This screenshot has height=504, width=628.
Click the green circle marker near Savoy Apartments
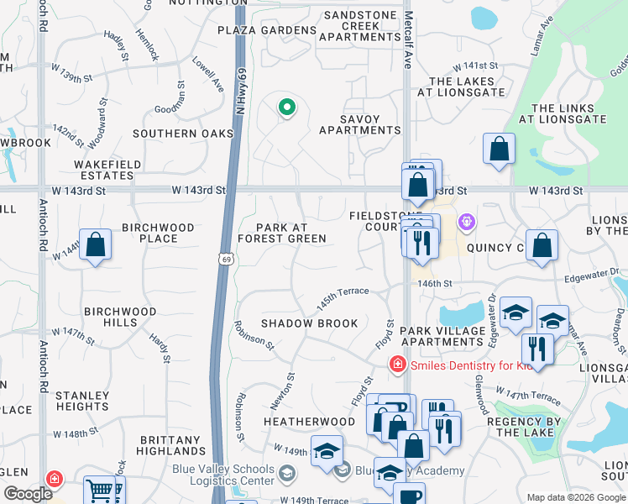[286, 107]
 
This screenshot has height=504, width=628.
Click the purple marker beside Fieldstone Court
[467, 223]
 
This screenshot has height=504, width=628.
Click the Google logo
[28, 494]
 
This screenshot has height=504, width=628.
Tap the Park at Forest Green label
[281, 233]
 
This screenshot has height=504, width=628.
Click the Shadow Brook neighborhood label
[309, 323]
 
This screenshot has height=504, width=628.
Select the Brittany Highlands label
[170, 445]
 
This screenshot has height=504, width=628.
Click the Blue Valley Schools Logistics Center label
[223, 475]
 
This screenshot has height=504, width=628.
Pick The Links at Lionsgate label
[568, 113]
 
